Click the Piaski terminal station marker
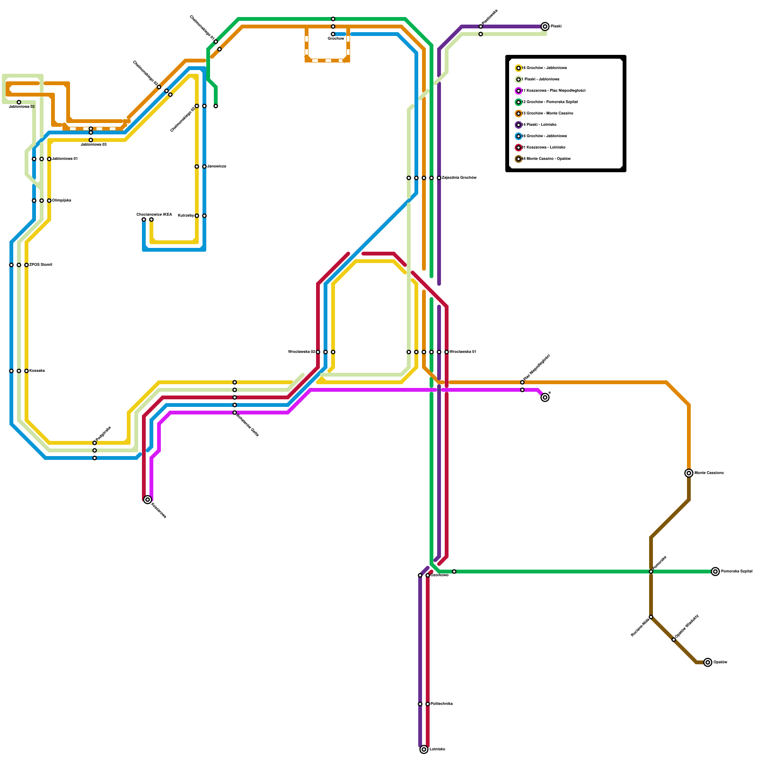pyautogui.click(x=545, y=26)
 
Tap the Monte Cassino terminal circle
pyautogui.click(x=689, y=473)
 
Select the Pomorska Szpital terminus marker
pyautogui.click(x=715, y=572)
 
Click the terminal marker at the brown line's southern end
pyautogui.click(x=708, y=662)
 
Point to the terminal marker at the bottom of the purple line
pyautogui.click(x=424, y=749)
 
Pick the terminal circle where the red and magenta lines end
pyautogui.click(x=148, y=500)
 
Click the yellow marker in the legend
pyautogui.click(x=519, y=68)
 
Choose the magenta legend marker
pyautogui.click(x=519, y=91)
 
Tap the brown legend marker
pyautogui.click(x=519, y=159)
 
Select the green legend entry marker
pyautogui.click(x=519, y=102)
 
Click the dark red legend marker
pyautogui.click(x=519, y=148)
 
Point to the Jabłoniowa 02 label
pyautogui.click(x=22, y=107)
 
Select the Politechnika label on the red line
pyautogui.click(x=441, y=704)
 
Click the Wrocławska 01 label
pyautogui.click(x=463, y=352)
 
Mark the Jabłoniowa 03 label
pyautogui.click(x=93, y=145)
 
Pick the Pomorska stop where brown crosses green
pyautogui.click(x=651, y=572)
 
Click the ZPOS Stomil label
pyautogui.click(x=41, y=265)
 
